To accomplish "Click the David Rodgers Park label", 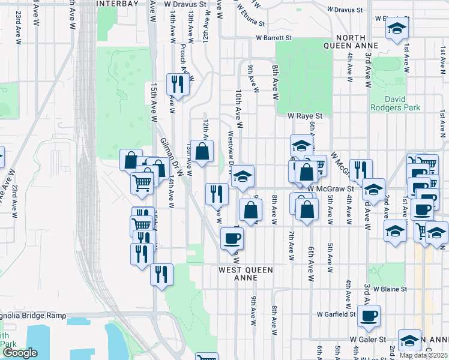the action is click(403, 103).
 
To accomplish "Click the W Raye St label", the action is click(305, 115).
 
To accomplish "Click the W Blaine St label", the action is click(390, 289).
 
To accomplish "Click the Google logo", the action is click(19, 353).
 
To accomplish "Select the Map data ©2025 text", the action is click(423, 355).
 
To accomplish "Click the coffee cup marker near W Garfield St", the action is click(369, 316).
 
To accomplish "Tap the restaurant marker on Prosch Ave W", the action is click(178, 85).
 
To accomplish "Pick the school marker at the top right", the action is click(396, 29).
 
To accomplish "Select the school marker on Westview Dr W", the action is click(243, 176).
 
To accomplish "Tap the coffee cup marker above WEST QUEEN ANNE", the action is click(232, 239).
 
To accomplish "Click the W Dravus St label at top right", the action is click(345, 10).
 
